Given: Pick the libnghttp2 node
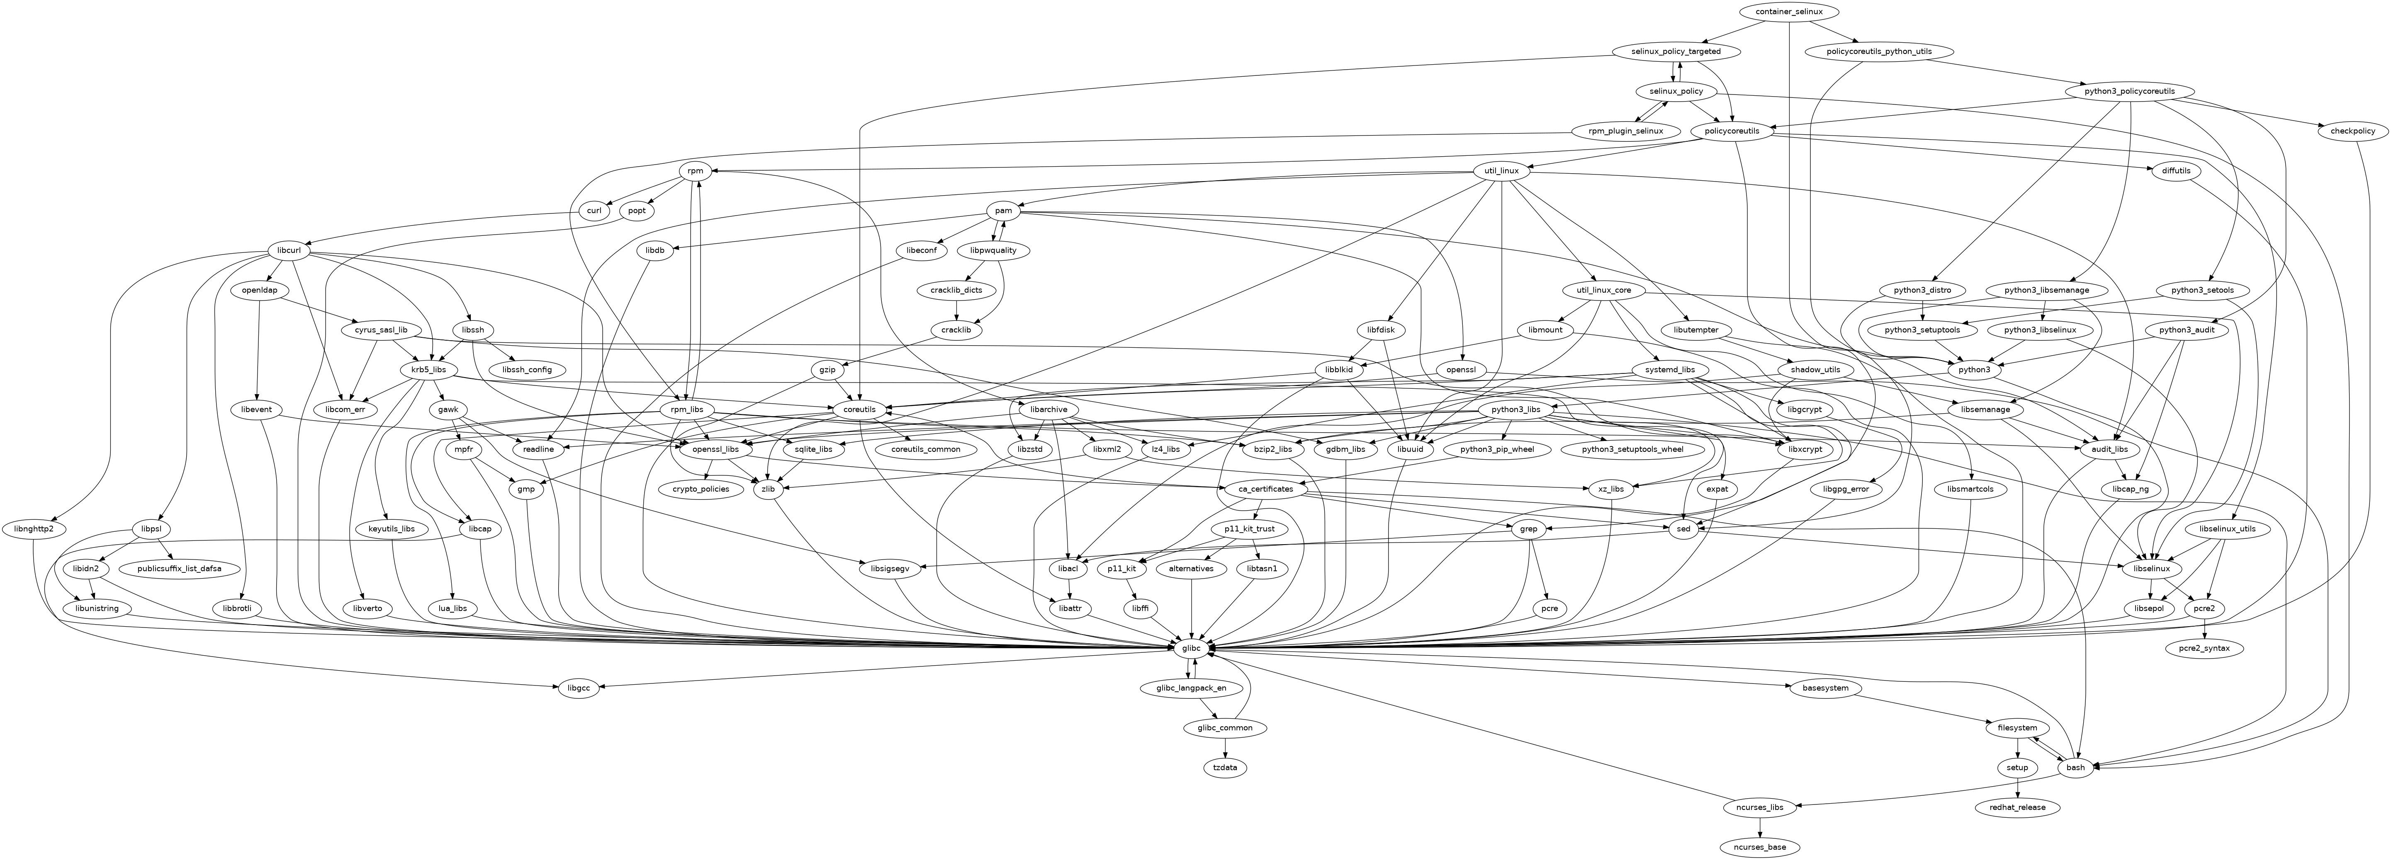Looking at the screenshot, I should click(34, 529).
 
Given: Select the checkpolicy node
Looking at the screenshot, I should click(2353, 131).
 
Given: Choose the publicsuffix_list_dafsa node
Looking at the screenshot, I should click(179, 569).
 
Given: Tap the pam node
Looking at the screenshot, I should click(1003, 211).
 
